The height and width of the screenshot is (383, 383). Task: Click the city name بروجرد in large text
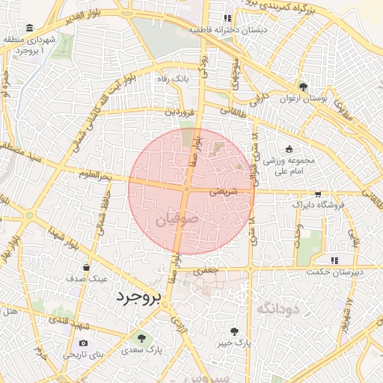pyautogui.click(x=138, y=297)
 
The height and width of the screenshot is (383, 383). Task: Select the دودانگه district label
pyautogui.click(x=278, y=308)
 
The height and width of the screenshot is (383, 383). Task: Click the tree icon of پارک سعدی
pyautogui.click(x=141, y=339)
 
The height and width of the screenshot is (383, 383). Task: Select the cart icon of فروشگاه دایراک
pyautogui.click(x=319, y=194)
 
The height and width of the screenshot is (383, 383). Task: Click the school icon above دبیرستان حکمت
pyautogui.click(x=334, y=260)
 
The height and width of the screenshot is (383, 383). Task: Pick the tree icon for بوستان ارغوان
pyautogui.click(x=302, y=87)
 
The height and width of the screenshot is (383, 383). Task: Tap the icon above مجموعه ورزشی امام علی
pyautogui.click(x=289, y=148)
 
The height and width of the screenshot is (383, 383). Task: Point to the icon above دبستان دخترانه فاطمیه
pyautogui.click(x=227, y=19)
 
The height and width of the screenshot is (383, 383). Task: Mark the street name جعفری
pyautogui.click(x=206, y=270)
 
